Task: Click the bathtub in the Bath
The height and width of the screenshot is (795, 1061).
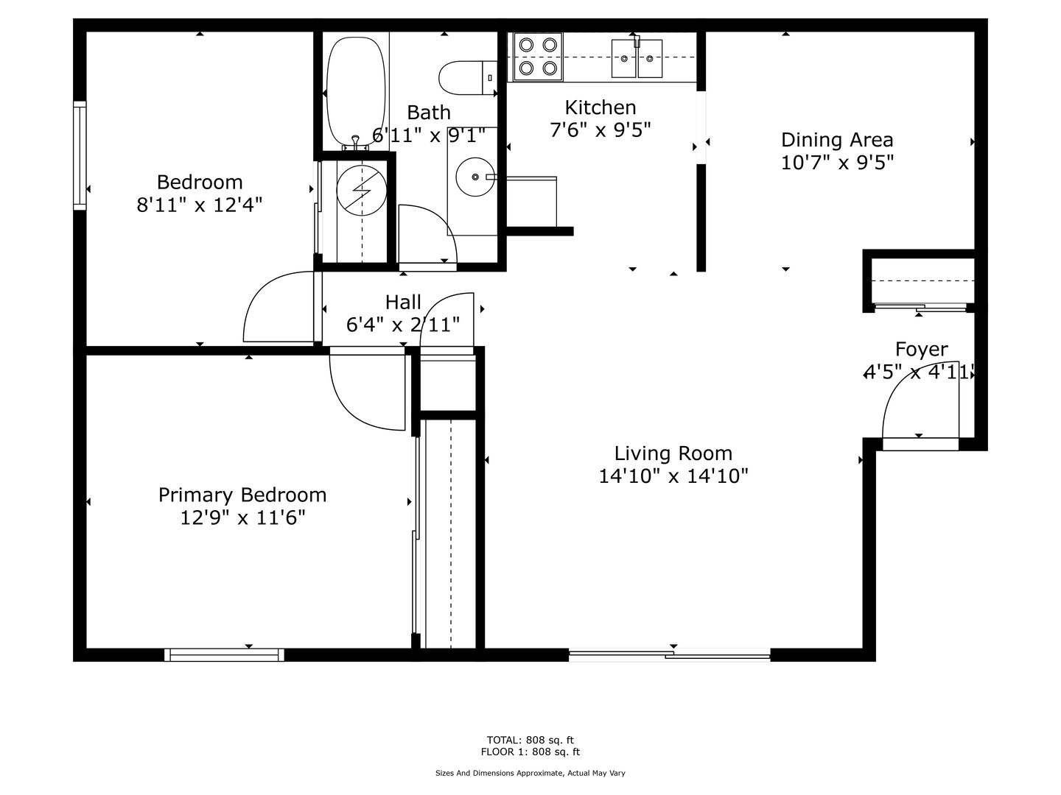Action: [x=356, y=92]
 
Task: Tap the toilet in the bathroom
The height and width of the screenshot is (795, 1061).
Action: [x=467, y=78]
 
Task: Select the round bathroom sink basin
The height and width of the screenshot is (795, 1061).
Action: [x=475, y=177]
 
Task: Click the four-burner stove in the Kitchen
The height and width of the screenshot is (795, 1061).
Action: [x=538, y=57]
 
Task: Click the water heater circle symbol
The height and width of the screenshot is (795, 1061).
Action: [x=362, y=190]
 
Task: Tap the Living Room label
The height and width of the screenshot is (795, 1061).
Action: [x=673, y=453]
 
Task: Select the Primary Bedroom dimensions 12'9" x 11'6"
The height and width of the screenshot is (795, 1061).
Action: [x=242, y=518]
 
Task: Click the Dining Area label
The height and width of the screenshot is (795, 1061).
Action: [x=837, y=140]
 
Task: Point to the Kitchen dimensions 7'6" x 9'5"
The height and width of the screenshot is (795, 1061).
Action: [x=600, y=130]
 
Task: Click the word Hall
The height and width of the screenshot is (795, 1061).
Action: [x=403, y=302]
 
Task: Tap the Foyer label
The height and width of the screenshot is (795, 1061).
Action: [x=921, y=349]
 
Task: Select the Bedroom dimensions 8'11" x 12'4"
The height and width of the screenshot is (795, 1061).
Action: [x=199, y=205]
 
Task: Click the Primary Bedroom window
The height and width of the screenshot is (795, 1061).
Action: [x=224, y=655]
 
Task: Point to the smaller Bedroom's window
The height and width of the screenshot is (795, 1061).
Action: [x=80, y=155]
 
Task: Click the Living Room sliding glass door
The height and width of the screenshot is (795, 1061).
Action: [x=670, y=655]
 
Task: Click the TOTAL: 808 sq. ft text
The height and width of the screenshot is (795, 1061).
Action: [x=530, y=740]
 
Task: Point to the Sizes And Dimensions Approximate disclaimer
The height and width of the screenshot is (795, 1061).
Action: [x=530, y=773]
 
